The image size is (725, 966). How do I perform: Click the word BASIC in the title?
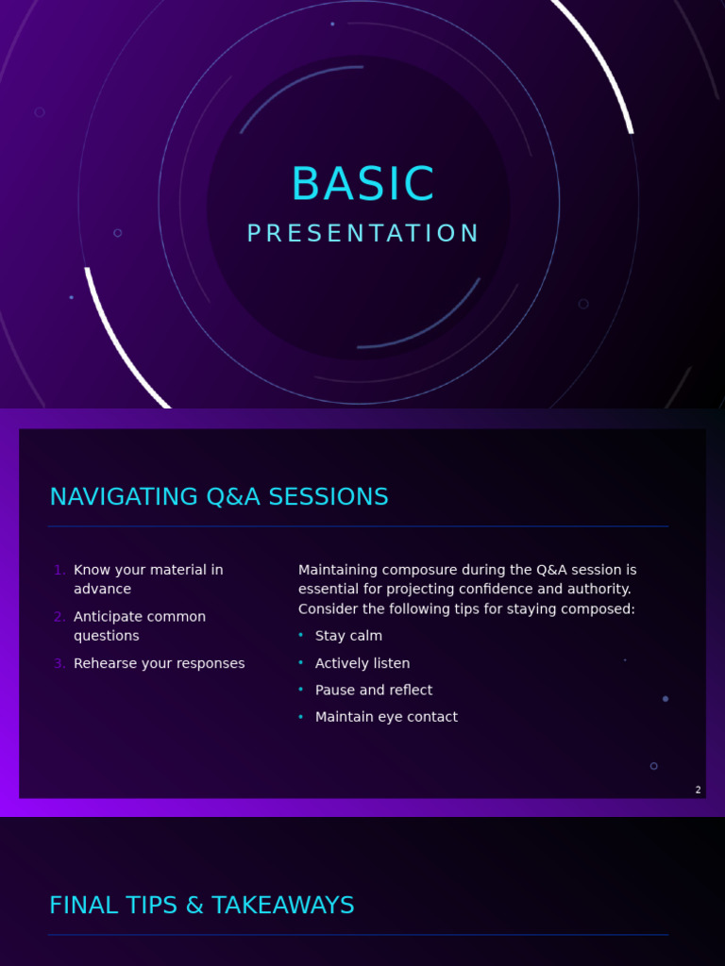coord(362,184)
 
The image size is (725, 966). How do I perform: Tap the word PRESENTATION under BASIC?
coord(362,234)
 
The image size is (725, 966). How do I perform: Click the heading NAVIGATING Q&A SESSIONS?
coord(219,496)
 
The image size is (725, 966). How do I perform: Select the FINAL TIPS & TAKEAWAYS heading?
coord(202,905)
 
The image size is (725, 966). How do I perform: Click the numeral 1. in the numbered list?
coord(59,570)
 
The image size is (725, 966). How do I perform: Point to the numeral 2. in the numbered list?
coord(59,617)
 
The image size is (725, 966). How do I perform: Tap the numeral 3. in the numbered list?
coord(59,663)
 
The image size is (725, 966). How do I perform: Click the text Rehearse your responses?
coord(159,663)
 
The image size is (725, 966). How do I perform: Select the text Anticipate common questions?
coord(140,626)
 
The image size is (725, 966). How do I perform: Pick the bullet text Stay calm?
coord(348,636)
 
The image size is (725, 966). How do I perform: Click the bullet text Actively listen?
coord(362,663)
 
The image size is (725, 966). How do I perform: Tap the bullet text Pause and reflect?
coord(374,690)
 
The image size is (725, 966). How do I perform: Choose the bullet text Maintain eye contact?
coord(386,717)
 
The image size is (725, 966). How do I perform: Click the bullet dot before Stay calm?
coord(301,634)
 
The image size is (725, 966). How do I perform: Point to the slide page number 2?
coord(698,790)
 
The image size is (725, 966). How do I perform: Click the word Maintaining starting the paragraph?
coord(338,570)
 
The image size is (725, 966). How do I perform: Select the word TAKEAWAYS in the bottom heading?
coord(283,905)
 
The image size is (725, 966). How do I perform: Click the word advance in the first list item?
coord(102,589)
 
